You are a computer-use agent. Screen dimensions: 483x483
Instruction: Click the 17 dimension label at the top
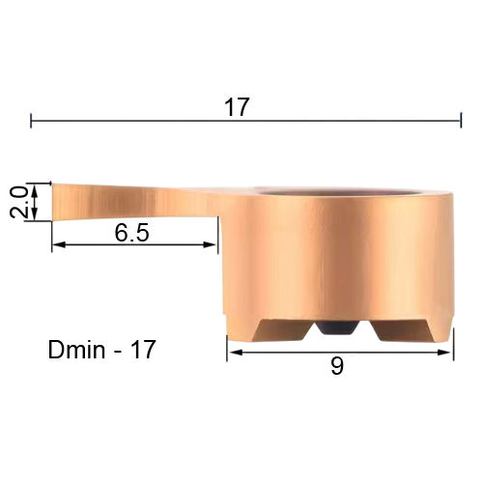[237, 107]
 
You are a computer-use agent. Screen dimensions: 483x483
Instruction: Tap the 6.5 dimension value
[132, 233]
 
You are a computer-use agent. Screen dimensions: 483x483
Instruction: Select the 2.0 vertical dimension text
[18, 202]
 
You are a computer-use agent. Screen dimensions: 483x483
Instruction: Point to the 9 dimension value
[337, 366]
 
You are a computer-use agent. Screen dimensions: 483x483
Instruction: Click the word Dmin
[76, 350]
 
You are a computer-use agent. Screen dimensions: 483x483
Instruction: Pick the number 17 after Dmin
[143, 350]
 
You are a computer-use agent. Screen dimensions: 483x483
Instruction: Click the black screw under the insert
[336, 328]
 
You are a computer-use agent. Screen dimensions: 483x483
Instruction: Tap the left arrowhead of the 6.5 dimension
[59, 245]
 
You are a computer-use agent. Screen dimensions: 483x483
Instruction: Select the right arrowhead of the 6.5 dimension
[210, 244]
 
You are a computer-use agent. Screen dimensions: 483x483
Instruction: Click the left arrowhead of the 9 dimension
[235, 353]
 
